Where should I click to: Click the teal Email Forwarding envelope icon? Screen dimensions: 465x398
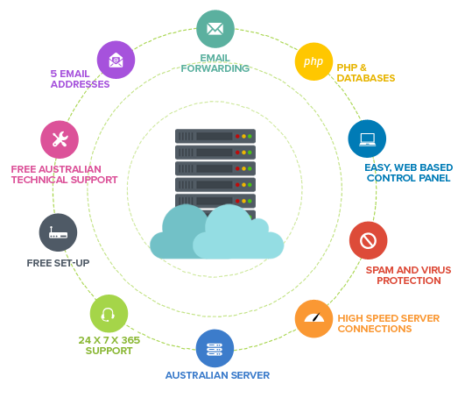(215, 29)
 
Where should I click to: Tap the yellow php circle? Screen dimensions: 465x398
(314, 61)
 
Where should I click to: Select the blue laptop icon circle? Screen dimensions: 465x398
(367, 139)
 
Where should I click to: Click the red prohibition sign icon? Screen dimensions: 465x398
(369, 240)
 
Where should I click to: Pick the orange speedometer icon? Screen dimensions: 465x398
(314, 318)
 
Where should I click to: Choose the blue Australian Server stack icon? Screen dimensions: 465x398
(215, 349)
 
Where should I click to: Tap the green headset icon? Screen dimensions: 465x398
(108, 315)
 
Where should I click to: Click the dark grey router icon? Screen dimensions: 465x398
(58, 232)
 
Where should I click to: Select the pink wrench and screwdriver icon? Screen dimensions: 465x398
(60, 139)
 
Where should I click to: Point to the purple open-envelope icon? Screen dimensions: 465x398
(116, 60)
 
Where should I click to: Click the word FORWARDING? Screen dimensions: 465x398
(215, 68)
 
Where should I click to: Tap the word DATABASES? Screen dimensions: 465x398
(366, 78)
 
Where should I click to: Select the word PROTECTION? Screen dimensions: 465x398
(409, 281)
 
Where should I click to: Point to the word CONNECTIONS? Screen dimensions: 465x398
(375, 329)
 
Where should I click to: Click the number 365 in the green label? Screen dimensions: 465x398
(130, 340)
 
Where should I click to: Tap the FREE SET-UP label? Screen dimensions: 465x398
(58, 263)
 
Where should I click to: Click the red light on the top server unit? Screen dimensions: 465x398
(237, 137)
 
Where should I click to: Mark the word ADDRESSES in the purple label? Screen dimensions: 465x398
(80, 84)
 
